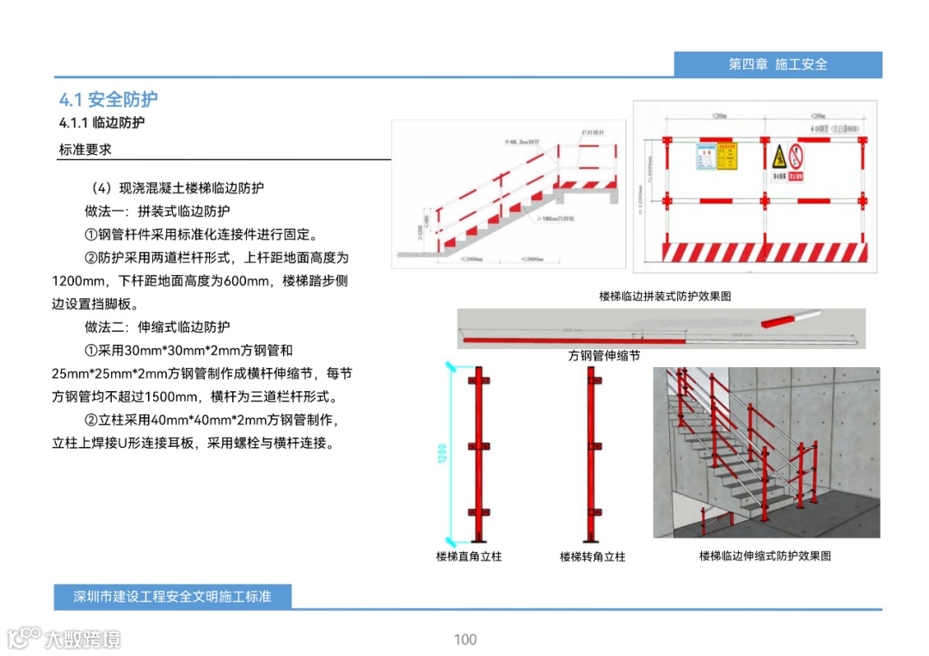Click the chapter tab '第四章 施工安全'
click(778, 64)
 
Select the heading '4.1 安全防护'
click(108, 99)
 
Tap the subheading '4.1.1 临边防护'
click(102, 123)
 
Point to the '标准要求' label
click(85, 150)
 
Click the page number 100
click(465, 639)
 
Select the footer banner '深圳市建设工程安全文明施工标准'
click(173, 596)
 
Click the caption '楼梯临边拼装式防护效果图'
click(665, 296)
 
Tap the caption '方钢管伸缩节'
click(604, 355)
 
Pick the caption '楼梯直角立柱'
click(469, 556)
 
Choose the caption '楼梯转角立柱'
click(593, 556)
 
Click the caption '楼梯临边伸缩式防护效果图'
click(765, 555)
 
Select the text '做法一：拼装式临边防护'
click(157, 211)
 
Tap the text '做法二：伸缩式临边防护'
click(157, 327)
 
